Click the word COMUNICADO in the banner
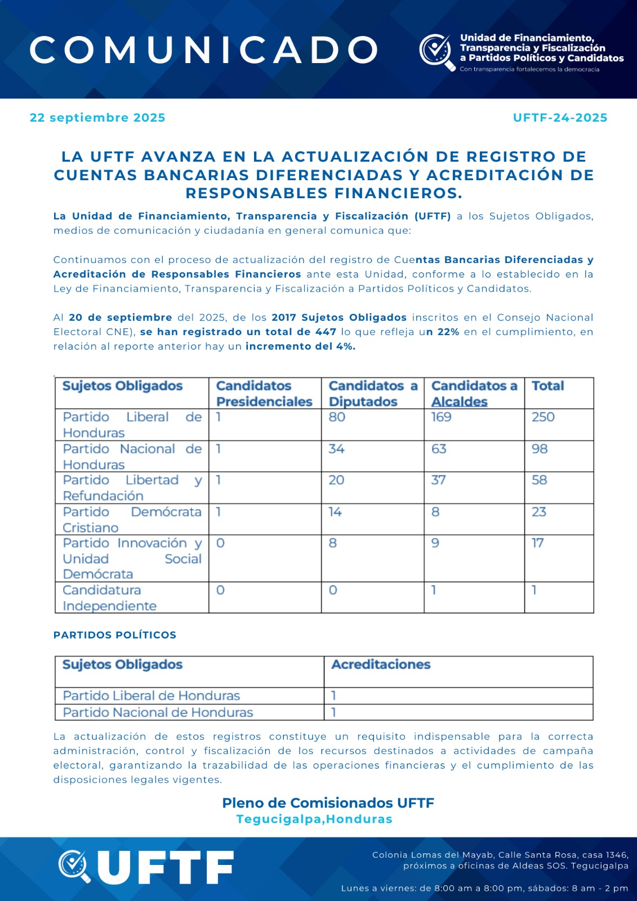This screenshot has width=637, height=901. pyautogui.click(x=204, y=50)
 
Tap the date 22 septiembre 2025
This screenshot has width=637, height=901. pyautogui.click(x=97, y=118)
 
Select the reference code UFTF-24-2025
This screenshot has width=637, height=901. pyautogui.click(x=560, y=118)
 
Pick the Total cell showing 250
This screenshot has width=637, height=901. pyautogui.click(x=543, y=417)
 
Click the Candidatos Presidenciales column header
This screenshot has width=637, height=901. pyautogui.click(x=264, y=394)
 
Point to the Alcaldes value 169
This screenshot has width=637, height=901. pyautogui.click(x=442, y=417)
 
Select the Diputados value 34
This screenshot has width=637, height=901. pyautogui.click(x=336, y=449)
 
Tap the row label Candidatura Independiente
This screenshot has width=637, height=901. pyautogui.click(x=110, y=598)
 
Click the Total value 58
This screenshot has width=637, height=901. pyautogui.click(x=540, y=480)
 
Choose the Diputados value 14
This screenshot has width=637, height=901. pyautogui.click(x=335, y=512)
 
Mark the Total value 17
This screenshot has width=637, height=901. pyautogui.click(x=538, y=543)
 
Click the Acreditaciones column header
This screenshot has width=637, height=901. pyautogui.click(x=381, y=665)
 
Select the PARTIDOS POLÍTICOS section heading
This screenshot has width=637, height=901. pyautogui.click(x=115, y=635)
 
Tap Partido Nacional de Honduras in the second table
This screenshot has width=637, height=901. pyautogui.click(x=158, y=713)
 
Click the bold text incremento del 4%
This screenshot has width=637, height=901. pyautogui.click(x=300, y=347)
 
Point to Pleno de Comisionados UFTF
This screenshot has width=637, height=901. pyautogui.click(x=328, y=803)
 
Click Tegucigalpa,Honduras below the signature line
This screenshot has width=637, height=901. pyautogui.click(x=314, y=819)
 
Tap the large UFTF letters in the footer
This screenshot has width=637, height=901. pyautogui.click(x=166, y=867)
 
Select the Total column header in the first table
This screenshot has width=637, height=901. pyautogui.click(x=547, y=386)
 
